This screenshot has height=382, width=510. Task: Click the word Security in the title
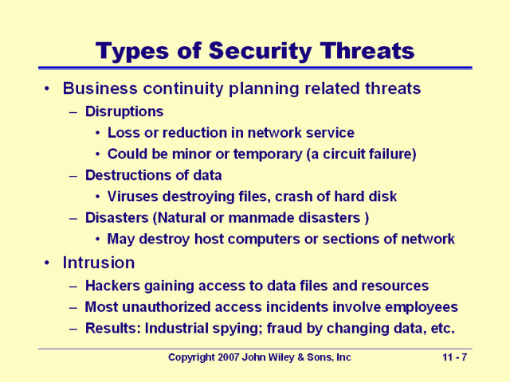tap(261, 51)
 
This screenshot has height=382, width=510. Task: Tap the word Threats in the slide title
tap(367, 51)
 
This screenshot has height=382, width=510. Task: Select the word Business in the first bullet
tap(100, 88)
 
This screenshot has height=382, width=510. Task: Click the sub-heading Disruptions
tap(124, 111)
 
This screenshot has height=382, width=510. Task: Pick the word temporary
tap(268, 154)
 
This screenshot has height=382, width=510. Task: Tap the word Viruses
tap(133, 197)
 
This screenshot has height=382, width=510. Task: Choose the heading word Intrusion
tap(99, 263)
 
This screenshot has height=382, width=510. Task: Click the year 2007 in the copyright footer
tap(229, 357)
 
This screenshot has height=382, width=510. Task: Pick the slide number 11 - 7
tap(455, 357)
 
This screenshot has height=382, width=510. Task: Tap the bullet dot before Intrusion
tap(48, 263)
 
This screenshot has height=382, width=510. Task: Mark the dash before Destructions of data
tap(73, 177)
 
